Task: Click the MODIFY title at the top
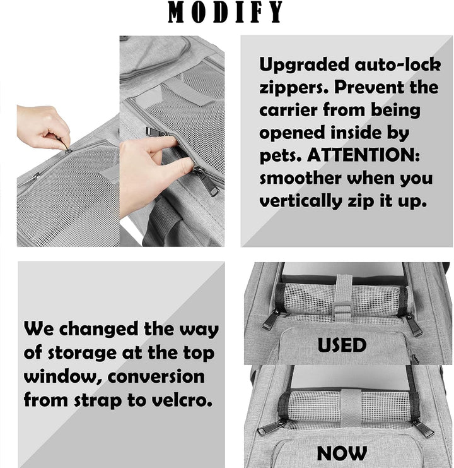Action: click(x=226, y=13)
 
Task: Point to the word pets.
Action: click(x=278, y=155)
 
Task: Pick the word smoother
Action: click(x=302, y=177)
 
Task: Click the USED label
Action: click(x=342, y=345)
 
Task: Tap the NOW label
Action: click(x=342, y=453)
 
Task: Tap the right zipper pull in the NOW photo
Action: click(x=422, y=428)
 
